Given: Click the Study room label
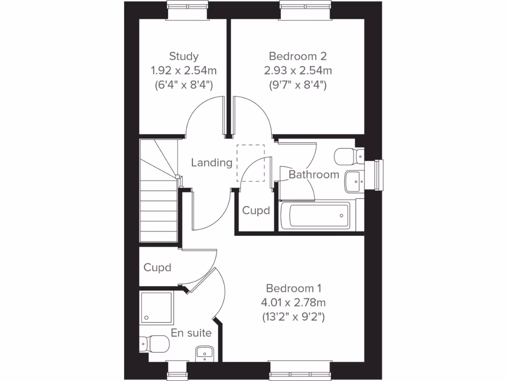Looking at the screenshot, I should [184, 56].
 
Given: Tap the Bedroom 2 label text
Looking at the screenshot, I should [298, 56].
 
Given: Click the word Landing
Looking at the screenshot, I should [212, 162].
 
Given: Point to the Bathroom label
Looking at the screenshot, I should [314, 175].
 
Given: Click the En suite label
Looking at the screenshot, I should [191, 333].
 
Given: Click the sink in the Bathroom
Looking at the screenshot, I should [354, 182].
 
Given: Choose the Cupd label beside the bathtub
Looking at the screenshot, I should [256, 211].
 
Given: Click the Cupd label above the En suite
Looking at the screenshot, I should [157, 268].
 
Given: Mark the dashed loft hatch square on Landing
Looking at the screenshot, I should [251, 163].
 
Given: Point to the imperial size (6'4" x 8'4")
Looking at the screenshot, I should [184, 84].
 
